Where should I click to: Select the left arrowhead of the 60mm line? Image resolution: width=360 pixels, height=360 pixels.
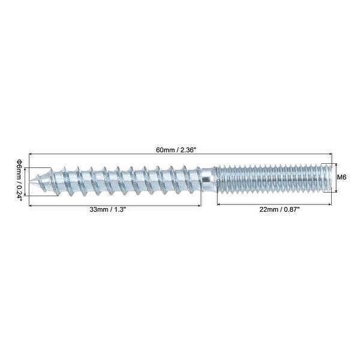click(x=30, y=155)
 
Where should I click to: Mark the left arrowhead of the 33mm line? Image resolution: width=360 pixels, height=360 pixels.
click(x=30, y=205)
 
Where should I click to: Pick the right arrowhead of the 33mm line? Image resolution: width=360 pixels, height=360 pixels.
click(x=201, y=205)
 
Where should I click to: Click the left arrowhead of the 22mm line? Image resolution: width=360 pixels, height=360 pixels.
click(x=218, y=205)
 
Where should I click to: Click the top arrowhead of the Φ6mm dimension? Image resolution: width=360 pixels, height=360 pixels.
click(x=26, y=169)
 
